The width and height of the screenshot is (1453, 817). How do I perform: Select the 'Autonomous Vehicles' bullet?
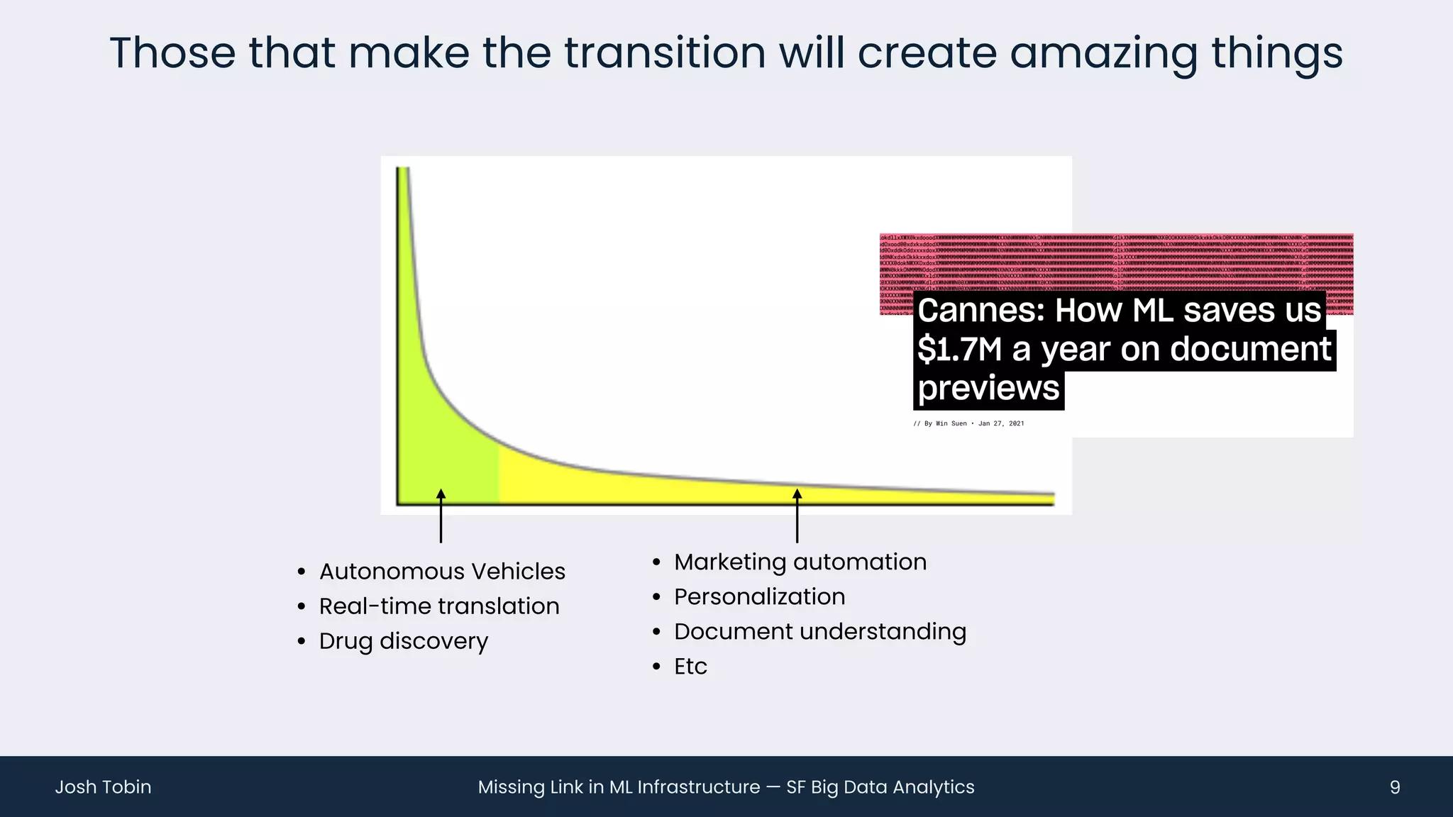[x=441, y=572]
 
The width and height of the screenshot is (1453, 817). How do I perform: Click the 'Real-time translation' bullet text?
[x=438, y=606]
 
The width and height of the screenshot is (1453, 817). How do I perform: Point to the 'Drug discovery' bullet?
[x=403, y=641]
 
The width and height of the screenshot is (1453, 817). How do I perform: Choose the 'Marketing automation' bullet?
[x=800, y=562]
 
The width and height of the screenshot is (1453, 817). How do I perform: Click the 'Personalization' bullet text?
[x=759, y=597]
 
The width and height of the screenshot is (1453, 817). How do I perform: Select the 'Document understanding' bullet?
[x=819, y=632]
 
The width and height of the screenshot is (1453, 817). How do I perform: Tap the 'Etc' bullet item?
[x=690, y=667]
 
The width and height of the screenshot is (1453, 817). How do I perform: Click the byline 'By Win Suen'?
[x=945, y=423]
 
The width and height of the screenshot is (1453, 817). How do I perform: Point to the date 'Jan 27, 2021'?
[x=1000, y=423]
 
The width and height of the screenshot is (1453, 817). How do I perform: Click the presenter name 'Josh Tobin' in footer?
[x=103, y=787]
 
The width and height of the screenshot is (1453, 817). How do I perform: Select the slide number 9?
[x=1394, y=787]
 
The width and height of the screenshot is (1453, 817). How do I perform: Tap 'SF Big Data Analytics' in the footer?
[x=880, y=787]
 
